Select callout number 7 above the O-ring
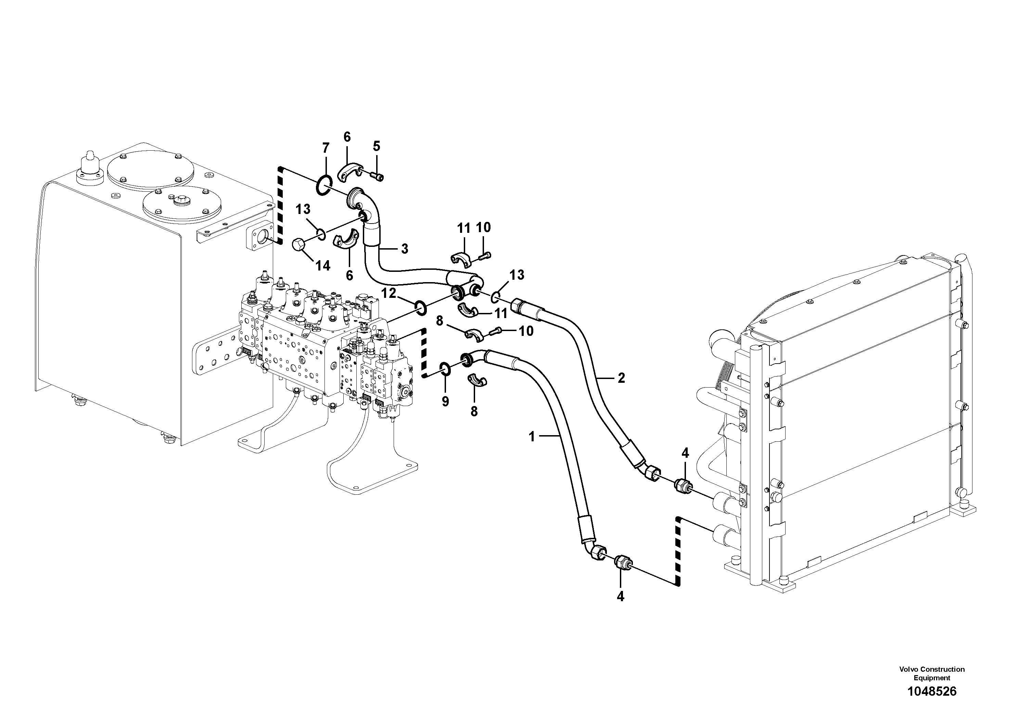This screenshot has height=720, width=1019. pyautogui.click(x=326, y=148)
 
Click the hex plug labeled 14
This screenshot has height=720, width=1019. pyautogui.click(x=299, y=244)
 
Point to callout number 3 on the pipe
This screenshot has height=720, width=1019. pyautogui.click(x=404, y=249)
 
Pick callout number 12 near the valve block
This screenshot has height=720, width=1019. pyautogui.click(x=389, y=293)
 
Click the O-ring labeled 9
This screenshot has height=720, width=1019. pyautogui.click(x=446, y=368)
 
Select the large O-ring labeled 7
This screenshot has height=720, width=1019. pyautogui.click(x=324, y=185)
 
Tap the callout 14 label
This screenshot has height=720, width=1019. pyautogui.click(x=323, y=265)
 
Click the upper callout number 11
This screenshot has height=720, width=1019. pyautogui.click(x=464, y=229)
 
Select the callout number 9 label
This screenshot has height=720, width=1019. pyautogui.click(x=445, y=401)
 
